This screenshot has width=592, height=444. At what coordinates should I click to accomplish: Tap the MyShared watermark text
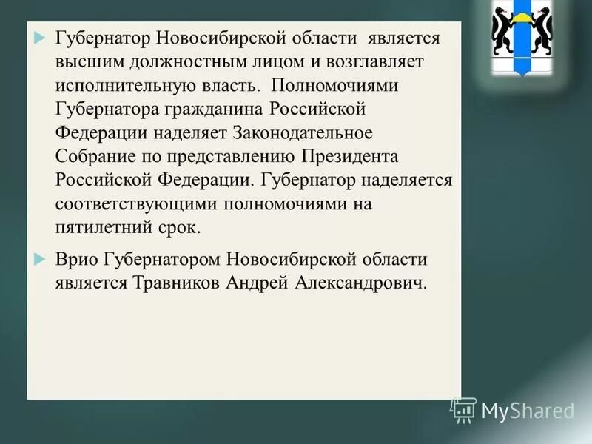pyautogui.click(x=528, y=411)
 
